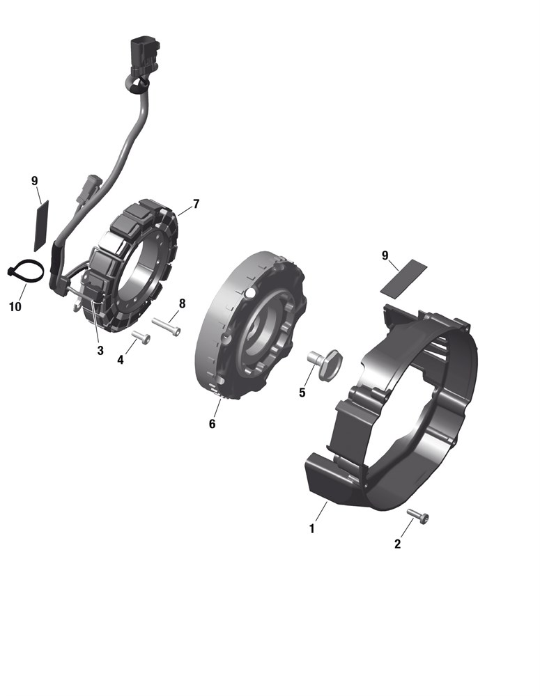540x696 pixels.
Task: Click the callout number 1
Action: coord(312,529)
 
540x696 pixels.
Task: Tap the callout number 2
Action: coord(397,544)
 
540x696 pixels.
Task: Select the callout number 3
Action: coord(100,351)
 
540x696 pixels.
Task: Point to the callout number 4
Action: coord(121,360)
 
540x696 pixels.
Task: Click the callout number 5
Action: coord(302,393)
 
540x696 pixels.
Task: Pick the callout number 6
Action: coord(212,424)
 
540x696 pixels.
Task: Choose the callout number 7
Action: coord(196,204)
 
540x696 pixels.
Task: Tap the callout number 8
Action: coord(182,303)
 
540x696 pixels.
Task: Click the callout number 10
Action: coord(15,307)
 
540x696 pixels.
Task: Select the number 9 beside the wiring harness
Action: coord(35,181)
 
